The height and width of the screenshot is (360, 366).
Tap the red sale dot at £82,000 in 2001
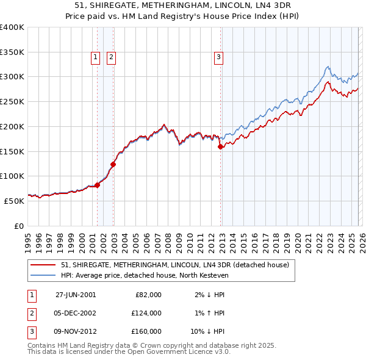(x=98, y=185)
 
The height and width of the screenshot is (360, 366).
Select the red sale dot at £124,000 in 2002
(x=113, y=164)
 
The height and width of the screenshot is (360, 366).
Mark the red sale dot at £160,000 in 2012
(x=220, y=146)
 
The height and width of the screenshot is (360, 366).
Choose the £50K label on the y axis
(x=13, y=201)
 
